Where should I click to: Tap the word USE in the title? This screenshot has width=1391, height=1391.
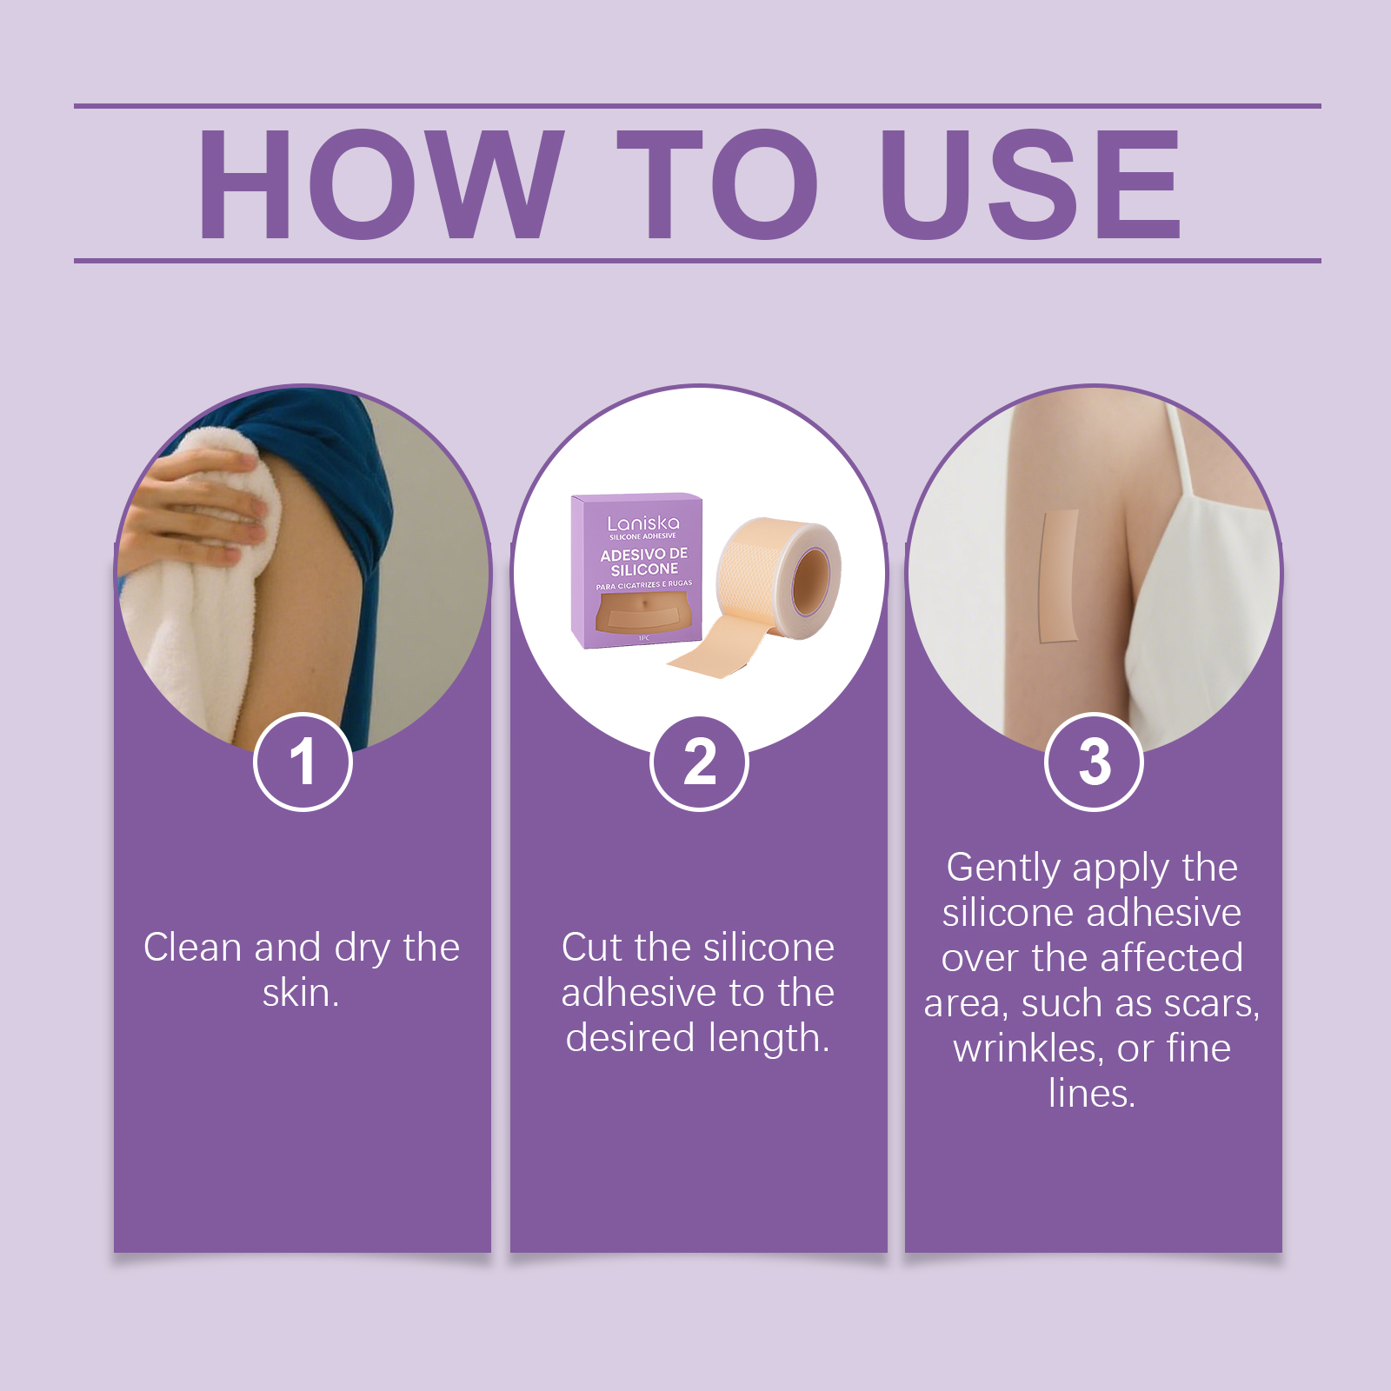click(x=1031, y=183)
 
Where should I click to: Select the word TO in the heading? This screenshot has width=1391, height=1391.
click(x=718, y=183)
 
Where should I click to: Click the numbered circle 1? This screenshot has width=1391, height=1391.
click(x=303, y=762)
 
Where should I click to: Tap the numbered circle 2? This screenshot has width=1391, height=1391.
click(x=699, y=762)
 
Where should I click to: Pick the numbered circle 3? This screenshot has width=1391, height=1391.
click(x=1094, y=762)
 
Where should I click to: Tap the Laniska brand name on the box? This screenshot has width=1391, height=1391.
click(x=643, y=522)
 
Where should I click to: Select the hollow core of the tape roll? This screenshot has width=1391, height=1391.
click(x=811, y=577)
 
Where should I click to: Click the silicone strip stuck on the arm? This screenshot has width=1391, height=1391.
click(x=1059, y=576)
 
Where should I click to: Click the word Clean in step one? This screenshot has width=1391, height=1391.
click(x=193, y=947)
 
